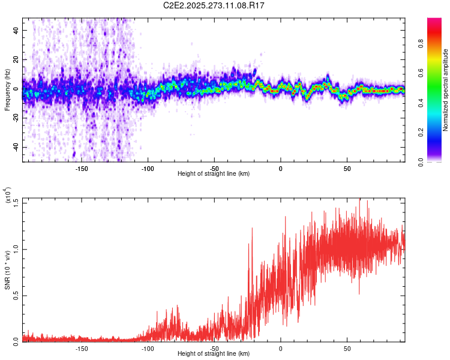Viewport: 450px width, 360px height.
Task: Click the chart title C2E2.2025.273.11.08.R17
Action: [214, 5]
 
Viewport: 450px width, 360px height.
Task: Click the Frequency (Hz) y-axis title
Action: [7, 90]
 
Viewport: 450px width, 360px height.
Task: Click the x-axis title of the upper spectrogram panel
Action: [214, 173]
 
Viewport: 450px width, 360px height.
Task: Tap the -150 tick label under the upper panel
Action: [82, 169]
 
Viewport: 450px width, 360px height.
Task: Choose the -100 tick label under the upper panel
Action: [148, 169]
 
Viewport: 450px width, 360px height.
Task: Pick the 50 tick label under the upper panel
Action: [347, 169]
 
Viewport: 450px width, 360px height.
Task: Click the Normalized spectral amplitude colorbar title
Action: [446, 90]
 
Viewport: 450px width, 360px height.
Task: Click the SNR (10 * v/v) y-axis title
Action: [7, 269]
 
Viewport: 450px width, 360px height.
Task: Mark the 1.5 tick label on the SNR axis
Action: [17, 202]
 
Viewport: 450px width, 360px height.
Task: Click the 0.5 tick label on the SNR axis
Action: [17, 295]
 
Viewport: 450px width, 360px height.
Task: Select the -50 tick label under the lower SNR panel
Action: [214, 348]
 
